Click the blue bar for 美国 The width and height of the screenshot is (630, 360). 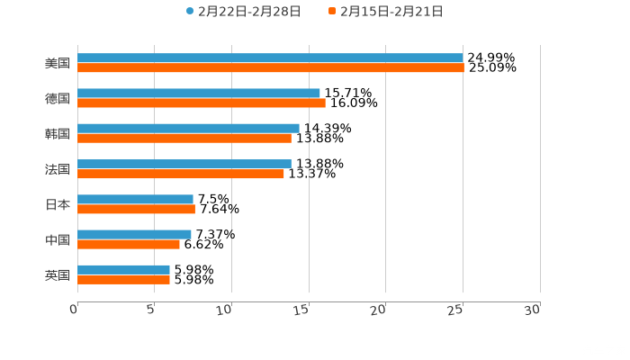tap(270, 58)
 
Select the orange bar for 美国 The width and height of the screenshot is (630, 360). tap(270, 67)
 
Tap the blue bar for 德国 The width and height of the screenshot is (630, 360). tap(199, 93)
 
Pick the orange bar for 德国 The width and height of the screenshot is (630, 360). tap(202, 103)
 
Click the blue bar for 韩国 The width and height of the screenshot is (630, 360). tap(188, 128)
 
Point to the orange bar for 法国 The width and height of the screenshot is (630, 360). tap(181, 174)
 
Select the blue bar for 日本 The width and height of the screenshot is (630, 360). tap(135, 199)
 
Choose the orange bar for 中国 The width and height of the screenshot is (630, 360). tap(129, 244)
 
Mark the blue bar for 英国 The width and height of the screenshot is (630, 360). tap(123, 269)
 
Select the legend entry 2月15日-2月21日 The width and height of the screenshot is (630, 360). tap(391, 12)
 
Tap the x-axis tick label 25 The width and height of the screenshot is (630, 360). tap(458, 310)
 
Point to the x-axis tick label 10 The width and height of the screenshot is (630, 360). tap(227, 310)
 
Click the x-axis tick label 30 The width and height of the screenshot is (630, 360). tap(534, 310)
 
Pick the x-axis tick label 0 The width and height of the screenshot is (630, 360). tap(74, 310)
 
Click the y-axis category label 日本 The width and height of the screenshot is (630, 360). tap(58, 204)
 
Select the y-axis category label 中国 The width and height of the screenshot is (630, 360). tap(58, 239)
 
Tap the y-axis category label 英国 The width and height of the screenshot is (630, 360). tap(58, 274)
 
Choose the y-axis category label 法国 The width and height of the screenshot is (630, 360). tap(58, 169)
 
